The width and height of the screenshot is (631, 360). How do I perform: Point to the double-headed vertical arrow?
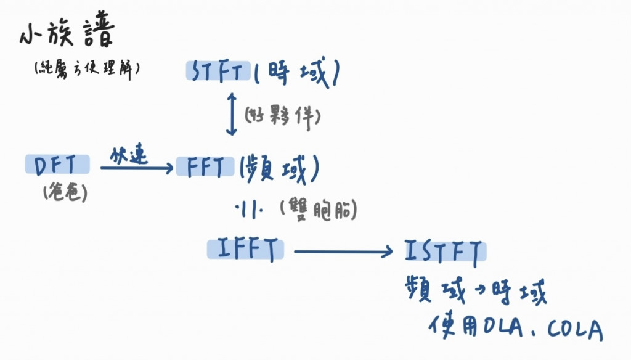[231, 114]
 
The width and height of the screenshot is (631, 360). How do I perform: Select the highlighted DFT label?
[57, 165]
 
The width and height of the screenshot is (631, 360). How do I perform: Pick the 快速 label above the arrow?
[128, 155]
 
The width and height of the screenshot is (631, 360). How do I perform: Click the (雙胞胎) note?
[318, 210]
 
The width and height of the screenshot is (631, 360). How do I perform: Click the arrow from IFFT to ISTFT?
[343, 251]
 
